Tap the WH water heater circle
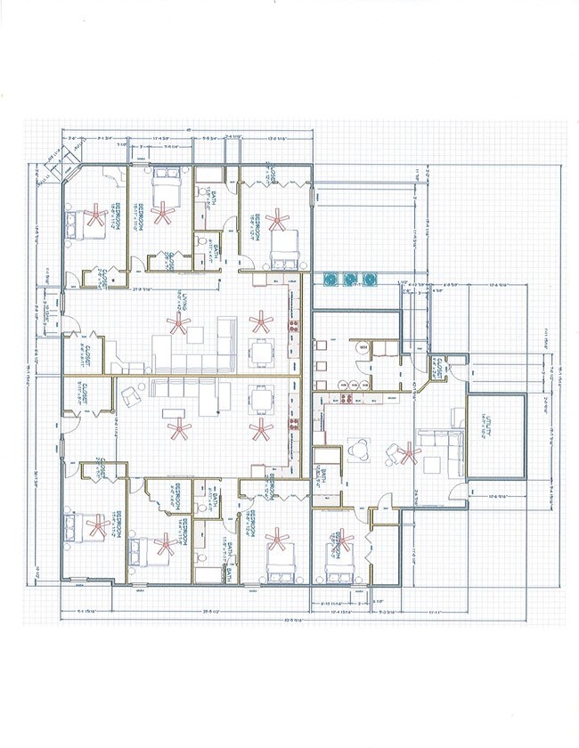click(363, 346)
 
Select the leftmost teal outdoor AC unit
click(331, 280)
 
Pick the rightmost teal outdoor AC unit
click(368, 280)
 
